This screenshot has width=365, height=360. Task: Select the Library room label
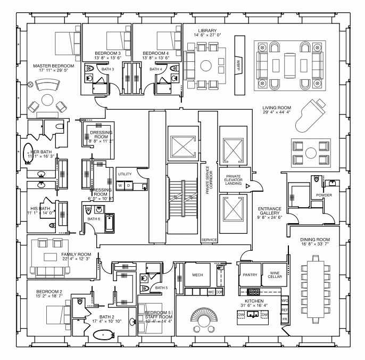point(206,31)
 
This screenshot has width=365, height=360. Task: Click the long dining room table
point(312,288)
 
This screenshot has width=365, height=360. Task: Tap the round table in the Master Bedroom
point(47,101)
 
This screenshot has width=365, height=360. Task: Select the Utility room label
point(125,174)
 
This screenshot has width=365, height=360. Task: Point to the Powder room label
point(323,195)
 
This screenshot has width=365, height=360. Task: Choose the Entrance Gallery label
point(270,212)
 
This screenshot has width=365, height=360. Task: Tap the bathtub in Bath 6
point(109,223)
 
